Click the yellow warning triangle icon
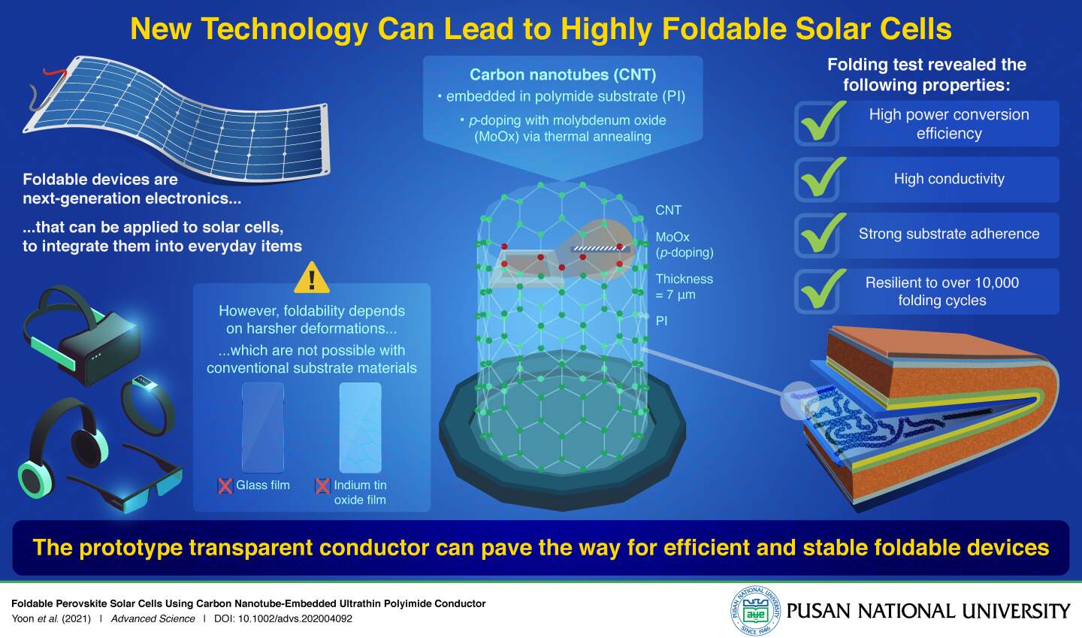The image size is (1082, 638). [312, 277]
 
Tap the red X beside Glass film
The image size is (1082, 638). [225, 486]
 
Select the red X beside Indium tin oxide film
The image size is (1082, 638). [322, 486]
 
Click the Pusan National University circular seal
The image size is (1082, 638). [756, 611]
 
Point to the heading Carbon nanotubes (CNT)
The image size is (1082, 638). [563, 74]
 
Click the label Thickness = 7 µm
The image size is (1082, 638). [684, 286]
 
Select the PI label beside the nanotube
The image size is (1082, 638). [661, 321]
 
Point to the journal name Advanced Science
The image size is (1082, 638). [153, 619]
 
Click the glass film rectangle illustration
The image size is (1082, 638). [263, 427]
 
